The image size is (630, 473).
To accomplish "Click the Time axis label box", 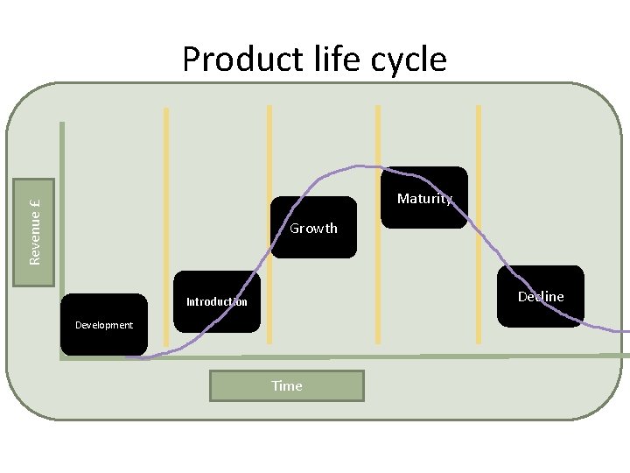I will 286,385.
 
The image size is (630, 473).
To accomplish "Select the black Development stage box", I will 103,324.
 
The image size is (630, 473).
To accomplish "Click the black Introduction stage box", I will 216,302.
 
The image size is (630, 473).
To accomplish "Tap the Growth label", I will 313,228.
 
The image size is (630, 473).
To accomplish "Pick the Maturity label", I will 424,199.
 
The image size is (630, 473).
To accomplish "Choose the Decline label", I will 541,296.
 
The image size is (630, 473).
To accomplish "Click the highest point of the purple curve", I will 367,166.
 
